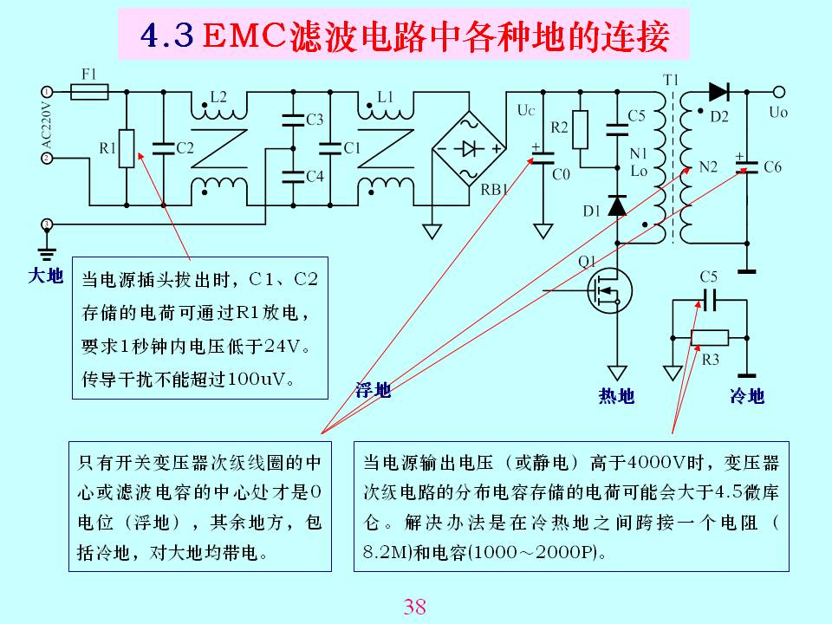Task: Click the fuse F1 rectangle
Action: click(88, 91)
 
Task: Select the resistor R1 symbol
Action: click(127, 148)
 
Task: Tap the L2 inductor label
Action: click(218, 96)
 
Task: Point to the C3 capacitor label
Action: click(315, 120)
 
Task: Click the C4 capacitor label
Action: click(315, 176)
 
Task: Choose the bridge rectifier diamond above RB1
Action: click(469, 148)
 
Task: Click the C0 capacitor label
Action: click(561, 174)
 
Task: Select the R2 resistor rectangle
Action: click(580, 127)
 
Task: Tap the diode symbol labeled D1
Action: click(617, 205)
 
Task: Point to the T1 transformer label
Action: click(671, 80)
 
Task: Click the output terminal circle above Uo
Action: click(779, 92)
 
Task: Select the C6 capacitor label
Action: click(772, 167)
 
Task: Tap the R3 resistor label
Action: click(711, 359)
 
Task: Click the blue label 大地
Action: click(45, 276)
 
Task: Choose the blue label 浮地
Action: click(374, 391)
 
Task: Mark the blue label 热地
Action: click(616, 396)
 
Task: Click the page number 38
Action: click(415, 607)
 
